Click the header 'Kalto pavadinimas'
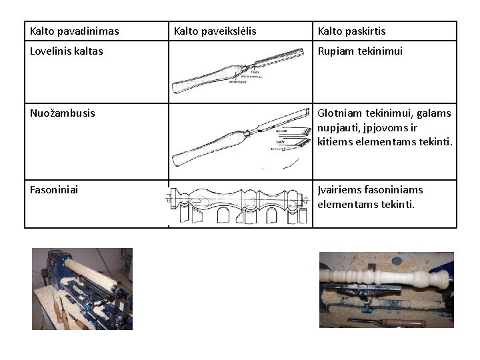tap(75, 31)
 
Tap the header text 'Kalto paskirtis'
tap(351, 31)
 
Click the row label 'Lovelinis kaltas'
tap(67, 51)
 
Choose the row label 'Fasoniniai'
tap(54, 190)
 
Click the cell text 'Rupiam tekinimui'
tap(360, 51)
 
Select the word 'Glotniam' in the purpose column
tap(339, 113)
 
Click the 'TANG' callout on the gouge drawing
tap(255, 71)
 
